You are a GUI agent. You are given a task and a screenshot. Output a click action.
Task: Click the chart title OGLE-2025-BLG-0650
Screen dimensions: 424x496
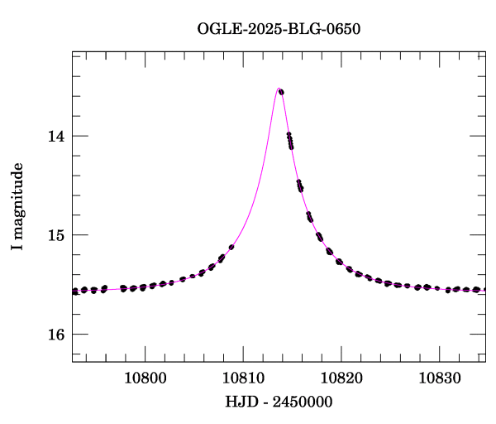click(279, 29)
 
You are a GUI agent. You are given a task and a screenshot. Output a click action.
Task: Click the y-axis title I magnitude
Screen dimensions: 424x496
click(17, 207)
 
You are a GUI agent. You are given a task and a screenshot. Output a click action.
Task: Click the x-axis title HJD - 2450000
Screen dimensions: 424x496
click(279, 402)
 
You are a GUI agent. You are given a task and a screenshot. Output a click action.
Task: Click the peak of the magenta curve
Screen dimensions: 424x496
click(278, 89)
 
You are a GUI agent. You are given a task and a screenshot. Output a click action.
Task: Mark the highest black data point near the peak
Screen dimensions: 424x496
click(281, 91)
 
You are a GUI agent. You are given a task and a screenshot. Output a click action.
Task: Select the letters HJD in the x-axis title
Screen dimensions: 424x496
click(238, 402)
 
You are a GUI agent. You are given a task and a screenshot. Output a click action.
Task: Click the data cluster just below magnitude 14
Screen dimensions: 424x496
click(290, 141)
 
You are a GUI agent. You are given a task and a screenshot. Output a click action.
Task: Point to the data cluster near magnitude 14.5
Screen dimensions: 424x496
click(300, 185)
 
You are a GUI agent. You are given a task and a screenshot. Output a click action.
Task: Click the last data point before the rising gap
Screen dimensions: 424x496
click(231, 247)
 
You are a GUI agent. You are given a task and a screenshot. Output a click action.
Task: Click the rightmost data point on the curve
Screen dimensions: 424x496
click(484, 290)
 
